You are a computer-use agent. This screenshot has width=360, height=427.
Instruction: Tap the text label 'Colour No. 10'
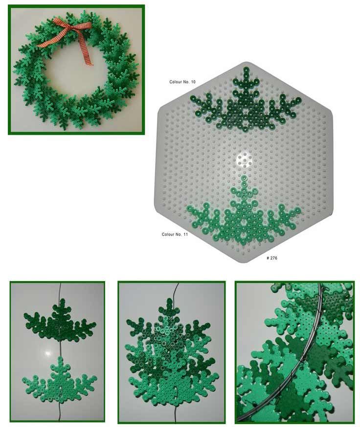coord(182,82)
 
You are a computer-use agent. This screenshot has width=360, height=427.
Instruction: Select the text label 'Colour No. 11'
coord(175,234)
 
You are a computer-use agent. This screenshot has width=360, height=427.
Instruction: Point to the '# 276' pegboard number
coord(272,258)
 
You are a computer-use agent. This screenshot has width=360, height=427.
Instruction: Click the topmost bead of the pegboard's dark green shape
coord(246,70)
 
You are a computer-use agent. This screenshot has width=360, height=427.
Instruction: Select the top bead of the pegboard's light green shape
coord(244,179)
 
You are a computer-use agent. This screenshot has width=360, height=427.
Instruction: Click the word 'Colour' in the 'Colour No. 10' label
coord(176,82)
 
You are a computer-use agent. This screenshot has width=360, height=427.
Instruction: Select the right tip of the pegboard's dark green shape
coord(298,100)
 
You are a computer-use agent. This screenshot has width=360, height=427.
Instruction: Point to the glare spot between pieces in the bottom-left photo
coord(48,353)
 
